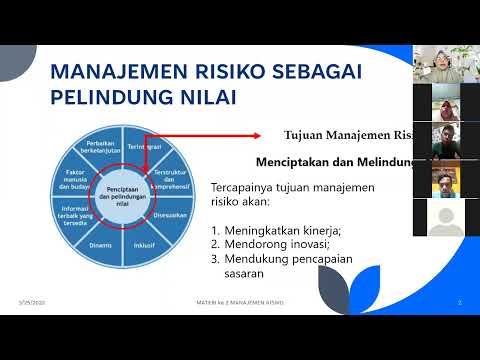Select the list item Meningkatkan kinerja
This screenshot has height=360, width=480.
pyautogui.click(x=270, y=228)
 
